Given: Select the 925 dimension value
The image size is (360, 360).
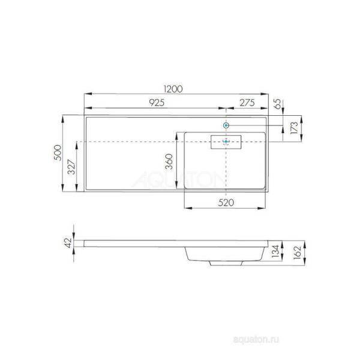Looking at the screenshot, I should click(156, 103).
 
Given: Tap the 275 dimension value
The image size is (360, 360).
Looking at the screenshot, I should click(247, 103).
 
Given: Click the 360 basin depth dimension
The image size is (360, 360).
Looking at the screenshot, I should click(170, 161).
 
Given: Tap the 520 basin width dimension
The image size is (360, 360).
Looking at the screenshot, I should click(225, 202).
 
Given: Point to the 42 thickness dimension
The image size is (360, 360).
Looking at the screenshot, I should click(68, 242).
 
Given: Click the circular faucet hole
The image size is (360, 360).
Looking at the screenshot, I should click(226, 125).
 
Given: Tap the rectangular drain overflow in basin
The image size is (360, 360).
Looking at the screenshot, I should click(226, 142).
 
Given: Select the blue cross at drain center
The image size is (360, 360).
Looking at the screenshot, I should click(226, 142).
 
